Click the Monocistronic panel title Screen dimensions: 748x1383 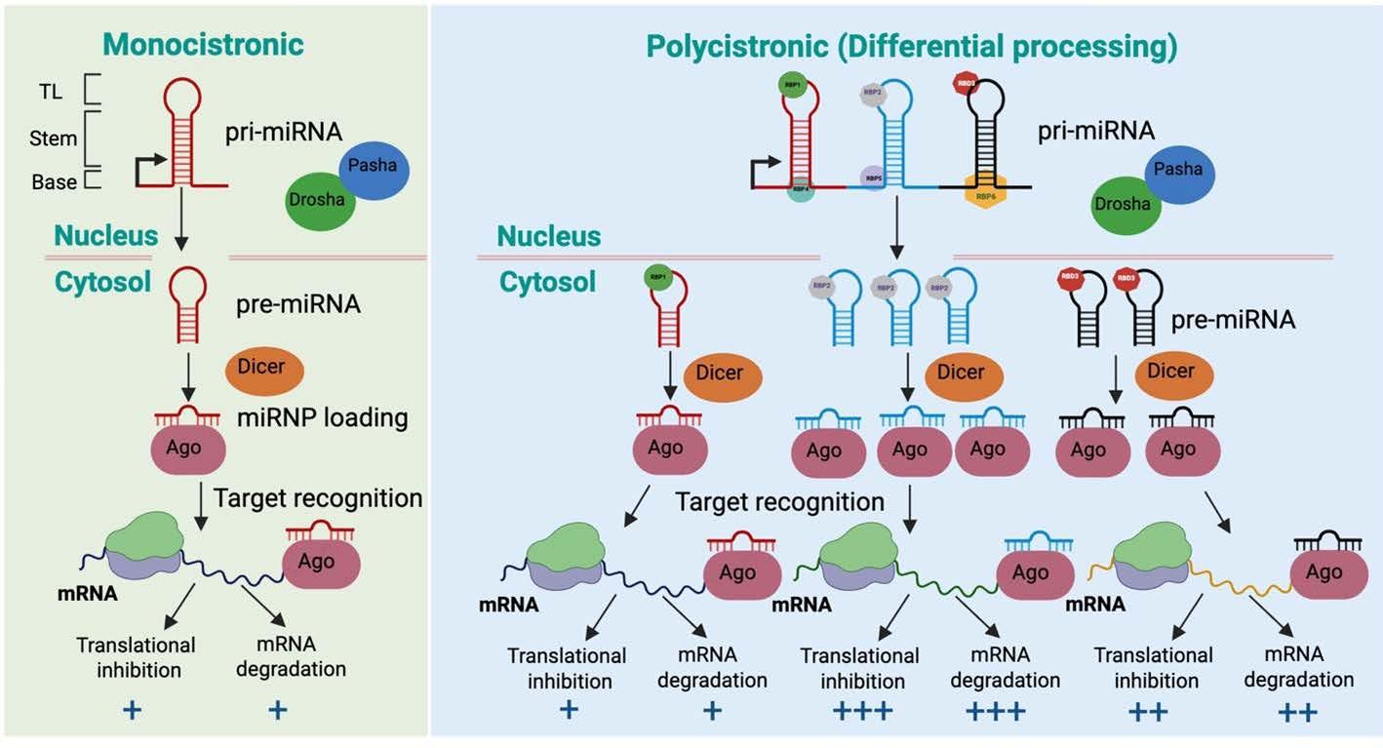click(204, 44)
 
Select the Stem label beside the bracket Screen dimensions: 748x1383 click(54, 138)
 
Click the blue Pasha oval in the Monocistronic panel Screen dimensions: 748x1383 click(374, 165)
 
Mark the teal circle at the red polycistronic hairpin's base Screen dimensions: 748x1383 click(802, 192)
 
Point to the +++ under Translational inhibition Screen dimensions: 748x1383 click(863, 711)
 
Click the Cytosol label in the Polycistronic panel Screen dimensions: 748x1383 click(547, 282)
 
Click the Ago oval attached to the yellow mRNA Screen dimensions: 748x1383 click(1324, 572)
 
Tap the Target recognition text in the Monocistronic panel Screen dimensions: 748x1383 click(317, 498)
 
